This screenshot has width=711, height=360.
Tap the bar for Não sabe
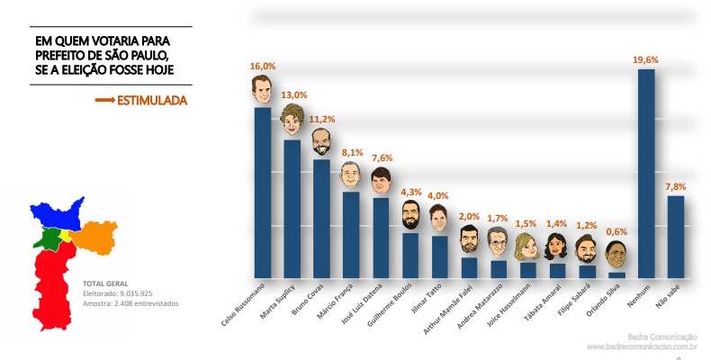(675, 236)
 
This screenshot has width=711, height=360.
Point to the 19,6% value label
(645, 59)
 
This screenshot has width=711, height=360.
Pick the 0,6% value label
(616, 231)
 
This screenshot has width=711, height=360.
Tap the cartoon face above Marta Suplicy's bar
(292, 121)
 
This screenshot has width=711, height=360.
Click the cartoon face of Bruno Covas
(320, 141)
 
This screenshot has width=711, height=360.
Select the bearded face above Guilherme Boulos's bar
(409, 214)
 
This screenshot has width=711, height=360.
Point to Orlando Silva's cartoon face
(616, 255)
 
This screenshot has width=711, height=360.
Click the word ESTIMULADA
(152, 101)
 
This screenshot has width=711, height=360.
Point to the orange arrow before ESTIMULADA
(104, 101)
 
